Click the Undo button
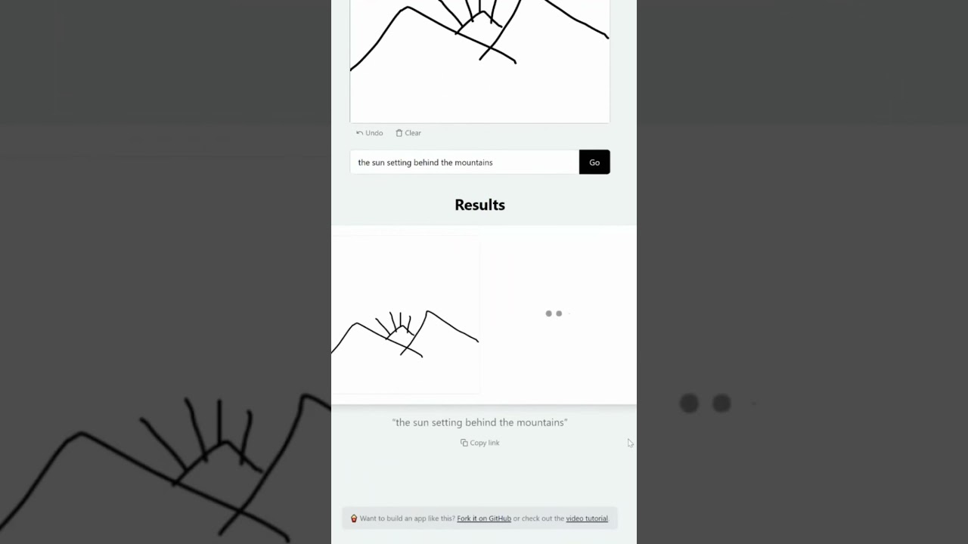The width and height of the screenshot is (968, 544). [370, 133]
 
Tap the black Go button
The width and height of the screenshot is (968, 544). [594, 162]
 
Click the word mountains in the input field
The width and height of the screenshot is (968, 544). [473, 162]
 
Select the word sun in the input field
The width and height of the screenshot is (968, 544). [378, 162]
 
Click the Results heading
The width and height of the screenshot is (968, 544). [479, 205]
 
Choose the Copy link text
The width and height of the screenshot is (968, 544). [485, 443]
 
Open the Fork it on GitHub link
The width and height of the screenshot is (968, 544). [484, 518]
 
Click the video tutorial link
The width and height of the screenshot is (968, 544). [587, 518]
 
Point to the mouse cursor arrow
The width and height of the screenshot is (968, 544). [630, 443]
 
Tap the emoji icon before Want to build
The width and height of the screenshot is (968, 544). [354, 518]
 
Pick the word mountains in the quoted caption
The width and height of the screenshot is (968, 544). [541, 422]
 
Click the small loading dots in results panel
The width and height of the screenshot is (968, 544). [554, 314]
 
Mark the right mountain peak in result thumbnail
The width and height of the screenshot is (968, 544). [428, 311]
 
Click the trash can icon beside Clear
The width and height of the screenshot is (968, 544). [399, 133]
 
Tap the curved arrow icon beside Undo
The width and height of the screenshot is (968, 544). [359, 133]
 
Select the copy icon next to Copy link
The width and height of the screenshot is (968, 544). [464, 443]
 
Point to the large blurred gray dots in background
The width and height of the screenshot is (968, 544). [705, 403]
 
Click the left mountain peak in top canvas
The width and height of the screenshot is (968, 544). [408, 8]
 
